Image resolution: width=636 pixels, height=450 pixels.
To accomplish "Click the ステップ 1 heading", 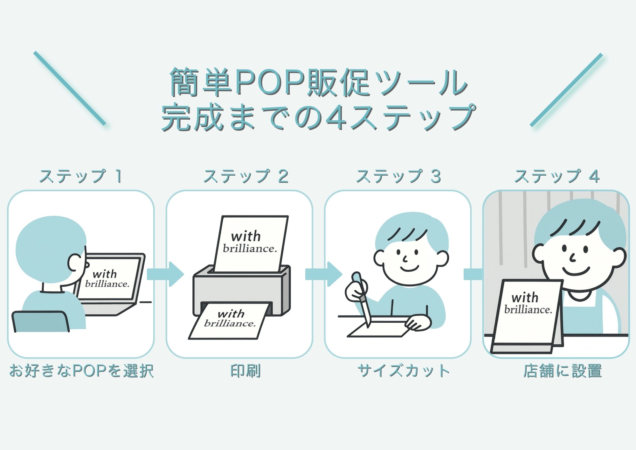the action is point(81,176).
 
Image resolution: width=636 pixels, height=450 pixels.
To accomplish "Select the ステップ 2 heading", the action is point(246,176).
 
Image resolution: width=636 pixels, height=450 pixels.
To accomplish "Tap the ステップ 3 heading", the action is point(398,176).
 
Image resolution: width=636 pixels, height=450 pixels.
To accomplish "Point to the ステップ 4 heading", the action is point(557,176).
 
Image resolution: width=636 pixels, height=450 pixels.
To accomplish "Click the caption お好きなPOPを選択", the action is point(81,371).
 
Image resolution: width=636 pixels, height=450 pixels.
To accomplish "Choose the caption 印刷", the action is point(245,371).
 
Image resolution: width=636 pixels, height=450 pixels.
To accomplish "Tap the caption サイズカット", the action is point(404,371).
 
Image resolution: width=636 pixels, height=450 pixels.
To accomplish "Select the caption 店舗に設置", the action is point(563,371).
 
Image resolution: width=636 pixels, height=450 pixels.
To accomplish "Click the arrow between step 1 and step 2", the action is point(165,274).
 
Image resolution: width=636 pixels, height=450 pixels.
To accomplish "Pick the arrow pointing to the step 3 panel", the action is point(324,274).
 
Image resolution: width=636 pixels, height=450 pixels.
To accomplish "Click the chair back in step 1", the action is point(40,321).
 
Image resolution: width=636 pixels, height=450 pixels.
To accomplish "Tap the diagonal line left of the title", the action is point(70,88).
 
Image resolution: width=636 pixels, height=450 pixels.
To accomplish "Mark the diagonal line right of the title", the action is point(566,90).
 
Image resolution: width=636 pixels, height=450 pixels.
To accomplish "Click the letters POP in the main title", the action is point(270,82).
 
